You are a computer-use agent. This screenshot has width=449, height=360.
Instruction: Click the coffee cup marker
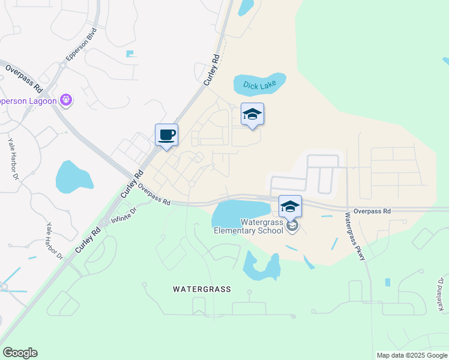(166, 135)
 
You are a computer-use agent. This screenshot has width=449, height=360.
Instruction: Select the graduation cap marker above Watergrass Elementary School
(290, 207)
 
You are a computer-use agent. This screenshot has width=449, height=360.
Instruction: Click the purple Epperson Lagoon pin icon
(66, 100)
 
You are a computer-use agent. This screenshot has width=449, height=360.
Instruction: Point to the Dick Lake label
(259, 85)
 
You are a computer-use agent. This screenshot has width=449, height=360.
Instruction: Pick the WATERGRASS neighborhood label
(202, 289)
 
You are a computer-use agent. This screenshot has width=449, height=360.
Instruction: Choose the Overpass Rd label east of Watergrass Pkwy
(372, 211)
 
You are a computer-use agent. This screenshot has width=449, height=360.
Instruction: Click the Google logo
(20, 353)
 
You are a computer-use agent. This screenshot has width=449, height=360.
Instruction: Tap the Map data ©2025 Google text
(412, 355)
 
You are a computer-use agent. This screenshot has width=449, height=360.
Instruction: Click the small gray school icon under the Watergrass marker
(292, 226)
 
